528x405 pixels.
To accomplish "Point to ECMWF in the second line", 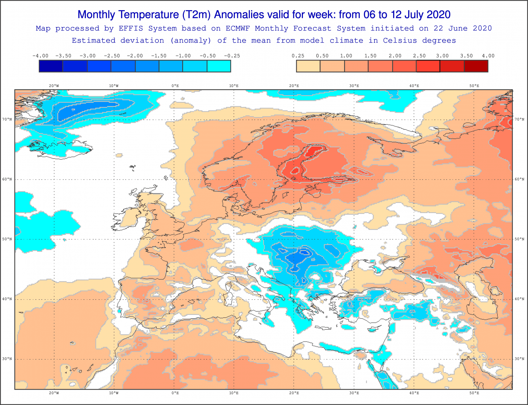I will [238, 28].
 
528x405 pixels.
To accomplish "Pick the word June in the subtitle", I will [458, 28].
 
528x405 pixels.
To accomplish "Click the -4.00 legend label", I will [40, 56].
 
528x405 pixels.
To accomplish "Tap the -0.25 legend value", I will [232, 56].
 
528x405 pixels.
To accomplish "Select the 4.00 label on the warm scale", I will [488, 56].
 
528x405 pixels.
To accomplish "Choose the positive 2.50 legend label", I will [419, 56].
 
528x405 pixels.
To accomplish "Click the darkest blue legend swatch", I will [51, 66].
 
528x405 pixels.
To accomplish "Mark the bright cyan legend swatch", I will [219, 66].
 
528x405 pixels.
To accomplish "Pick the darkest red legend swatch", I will [476, 66].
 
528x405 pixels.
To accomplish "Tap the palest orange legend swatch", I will [308, 66].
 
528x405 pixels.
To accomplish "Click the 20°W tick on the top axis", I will [54, 86].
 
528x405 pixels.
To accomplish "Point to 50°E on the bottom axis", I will [474, 393].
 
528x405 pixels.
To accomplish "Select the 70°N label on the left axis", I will [7, 119].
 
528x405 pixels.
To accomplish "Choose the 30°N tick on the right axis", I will [520, 359].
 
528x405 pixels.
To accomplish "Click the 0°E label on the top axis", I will [175, 86].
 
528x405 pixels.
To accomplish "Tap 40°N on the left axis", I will [7, 299].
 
